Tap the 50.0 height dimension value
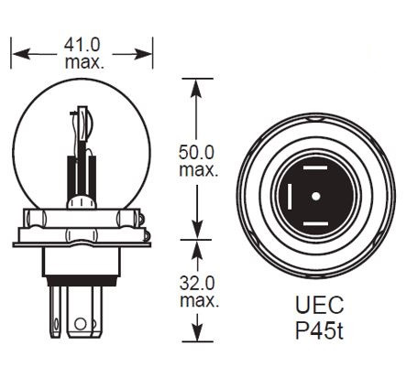(196, 153)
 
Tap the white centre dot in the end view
(314, 194)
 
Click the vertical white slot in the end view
(288, 195)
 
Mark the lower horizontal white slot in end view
(314, 220)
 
